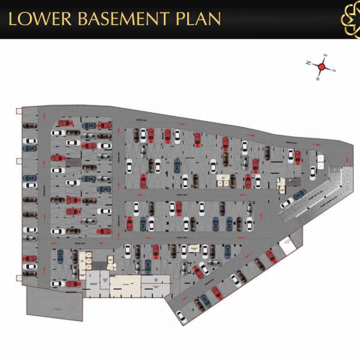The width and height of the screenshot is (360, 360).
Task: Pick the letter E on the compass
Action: (326, 56)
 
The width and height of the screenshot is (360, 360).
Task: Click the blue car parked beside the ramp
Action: (300, 194)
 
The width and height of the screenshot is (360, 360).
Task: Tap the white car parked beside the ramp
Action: (287, 203)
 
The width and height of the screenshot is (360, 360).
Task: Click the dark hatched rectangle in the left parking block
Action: (72, 162)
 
